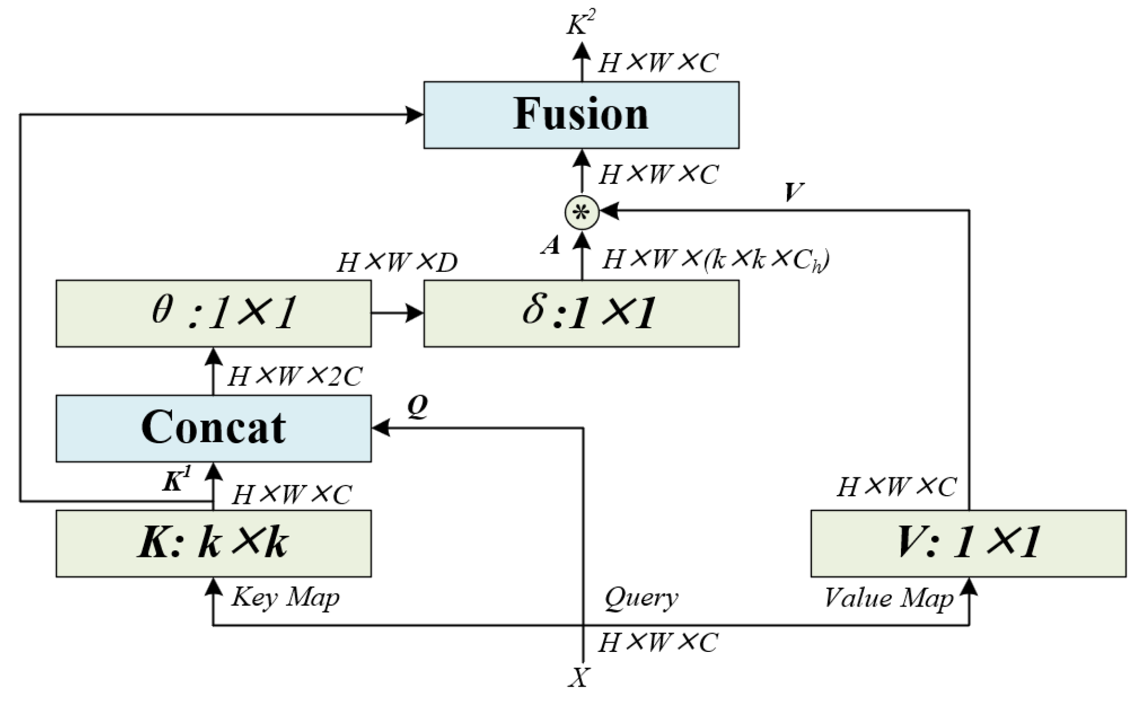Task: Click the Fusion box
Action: [x=581, y=115]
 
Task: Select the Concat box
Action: [x=213, y=428]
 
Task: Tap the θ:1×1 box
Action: [x=213, y=313]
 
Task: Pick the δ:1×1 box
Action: [x=581, y=313]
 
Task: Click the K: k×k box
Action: [x=213, y=543]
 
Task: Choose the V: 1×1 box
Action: [x=968, y=543]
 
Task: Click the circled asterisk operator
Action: [x=581, y=212]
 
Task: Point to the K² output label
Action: [x=581, y=24]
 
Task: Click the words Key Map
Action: [x=285, y=597]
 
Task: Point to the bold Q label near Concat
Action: [x=417, y=408]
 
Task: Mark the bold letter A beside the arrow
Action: [x=551, y=247]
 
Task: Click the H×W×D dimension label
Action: [x=397, y=263]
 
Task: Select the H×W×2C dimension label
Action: [x=294, y=376]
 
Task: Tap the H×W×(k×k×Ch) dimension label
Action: [x=716, y=260]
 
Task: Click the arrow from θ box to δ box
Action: [x=397, y=312]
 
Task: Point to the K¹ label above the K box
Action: [x=177, y=479]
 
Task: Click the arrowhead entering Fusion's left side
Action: [x=415, y=115]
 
